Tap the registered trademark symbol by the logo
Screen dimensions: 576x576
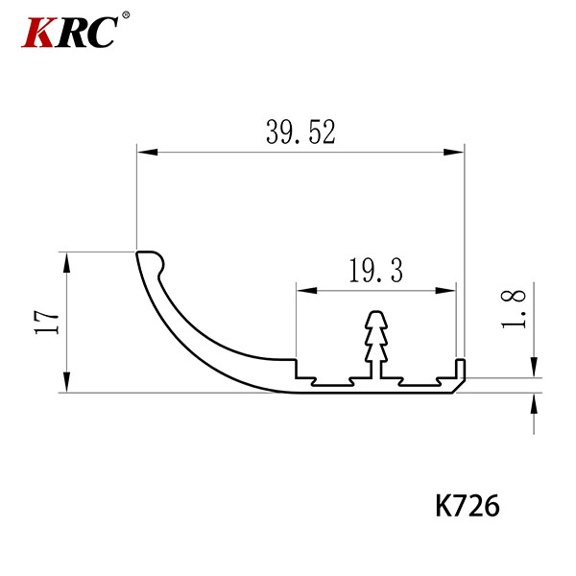pyautogui.click(x=126, y=15)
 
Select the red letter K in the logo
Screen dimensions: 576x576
pyautogui.click(x=38, y=33)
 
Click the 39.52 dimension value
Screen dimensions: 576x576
pyautogui.click(x=300, y=132)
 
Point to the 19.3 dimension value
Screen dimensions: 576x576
pyautogui.click(x=375, y=271)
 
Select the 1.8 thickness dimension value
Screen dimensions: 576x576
pyautogui.click(x=514, y=308)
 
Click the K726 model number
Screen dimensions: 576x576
pyautogui.click(x=468, y=506)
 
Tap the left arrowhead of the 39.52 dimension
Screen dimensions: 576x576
pyautogui.click(x=147, y=152)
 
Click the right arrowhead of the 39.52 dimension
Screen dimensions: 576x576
pyautogui.click(x=454, y=152)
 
